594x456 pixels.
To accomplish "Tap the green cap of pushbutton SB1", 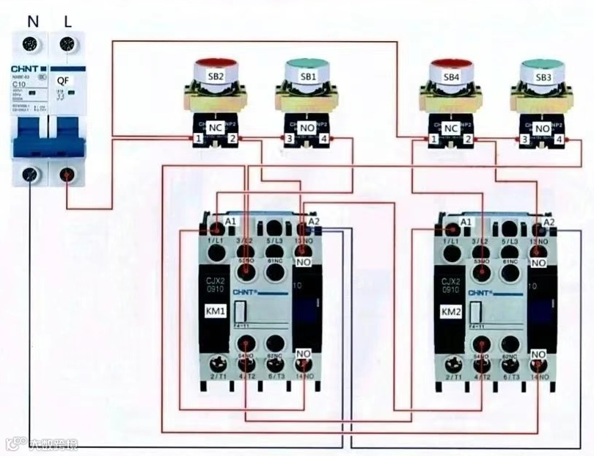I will (309, 64).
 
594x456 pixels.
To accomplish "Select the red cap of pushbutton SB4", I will (452, 64).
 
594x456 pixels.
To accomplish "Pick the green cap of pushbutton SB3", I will (543, 64).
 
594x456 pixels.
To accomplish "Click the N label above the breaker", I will (32, 22).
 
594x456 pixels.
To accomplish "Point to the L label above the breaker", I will (67, 22).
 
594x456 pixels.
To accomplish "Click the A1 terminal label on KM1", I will (231, 220).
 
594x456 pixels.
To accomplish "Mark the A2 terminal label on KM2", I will (549, 220).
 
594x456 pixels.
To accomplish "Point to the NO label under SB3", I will (543, 128).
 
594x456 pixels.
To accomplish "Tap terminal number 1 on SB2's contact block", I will (198, 138).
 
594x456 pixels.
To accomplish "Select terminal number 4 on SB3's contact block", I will (560, 138).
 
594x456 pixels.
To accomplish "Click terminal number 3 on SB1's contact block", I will (290, 138).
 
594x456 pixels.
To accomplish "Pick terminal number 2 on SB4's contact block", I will (468, 138).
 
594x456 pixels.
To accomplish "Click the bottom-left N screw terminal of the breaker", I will (30, 175).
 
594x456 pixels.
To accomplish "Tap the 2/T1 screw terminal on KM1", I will (218, 363).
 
